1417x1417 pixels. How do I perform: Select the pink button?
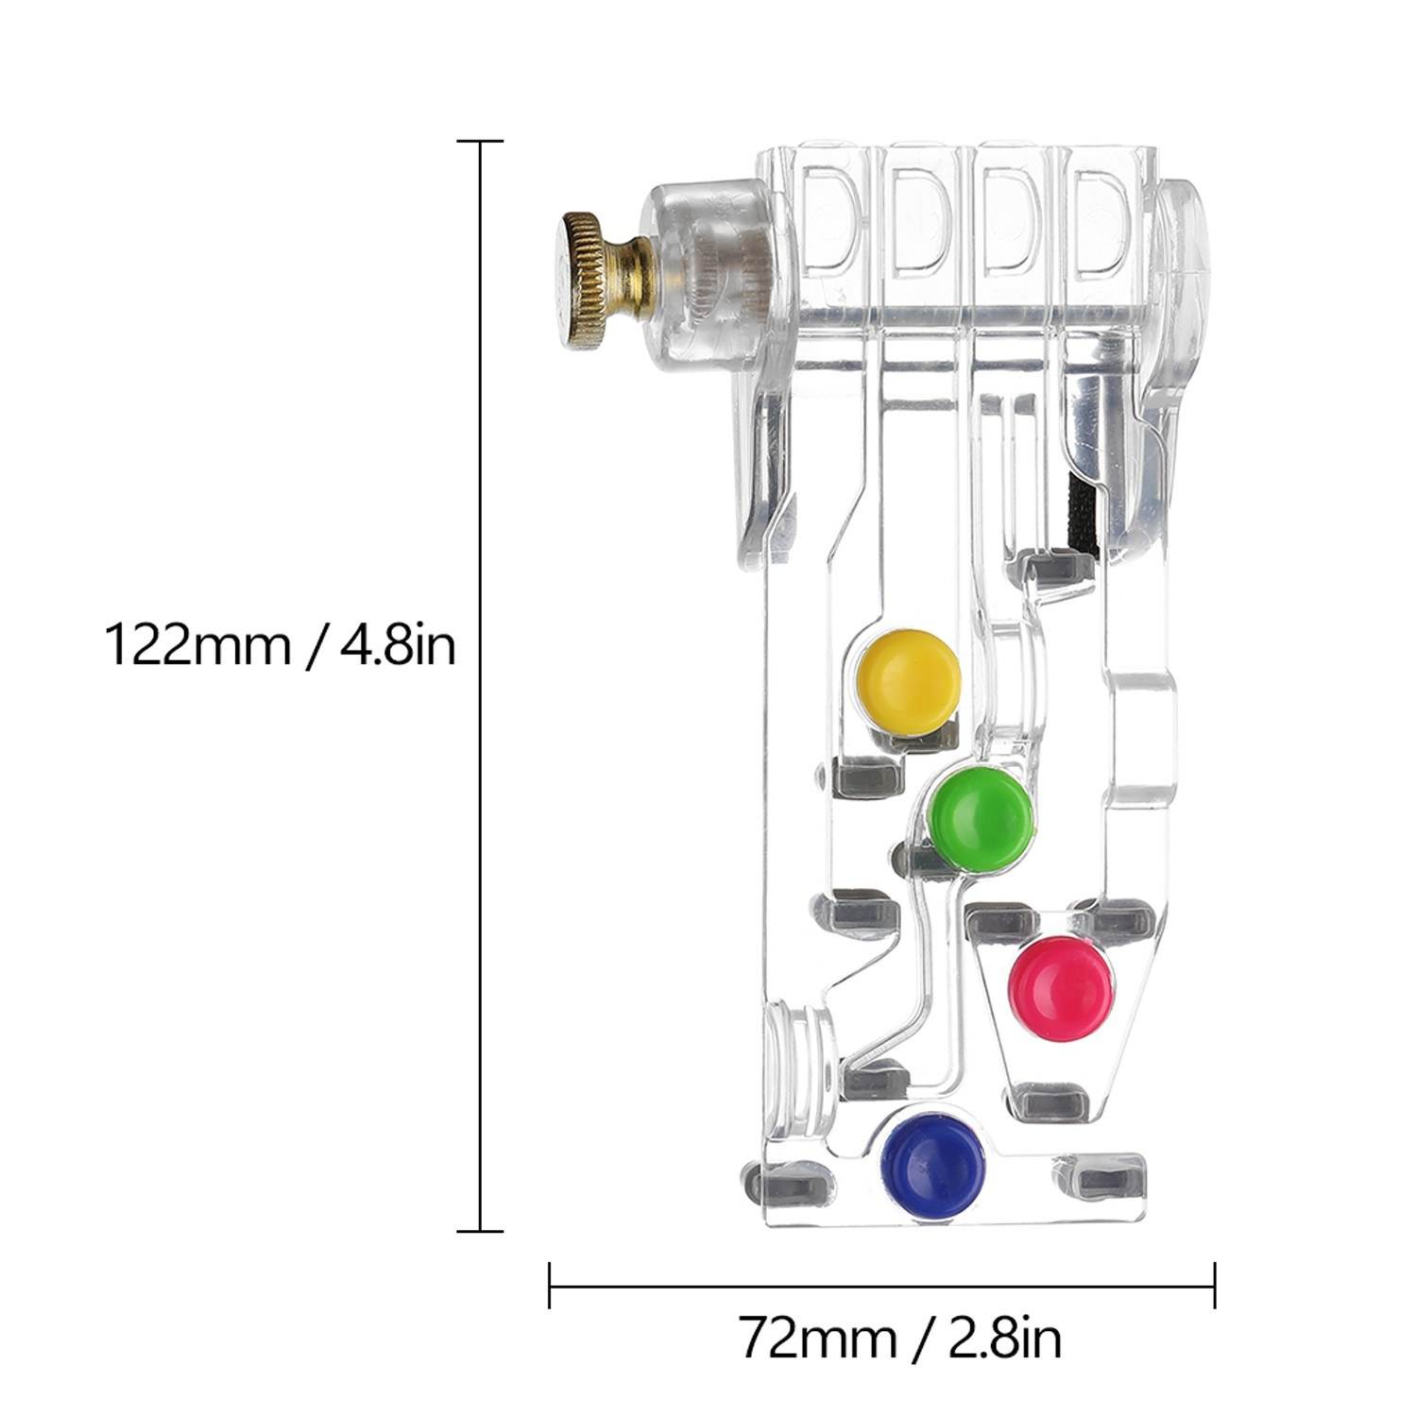tap(1062, 988)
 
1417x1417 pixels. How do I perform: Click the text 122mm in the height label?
tap(196, 646)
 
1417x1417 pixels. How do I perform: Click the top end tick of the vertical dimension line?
tap(480, 142)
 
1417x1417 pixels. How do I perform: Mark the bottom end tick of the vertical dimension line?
tap(480, 1231)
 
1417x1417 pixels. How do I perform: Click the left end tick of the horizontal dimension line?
tap(550, 1286)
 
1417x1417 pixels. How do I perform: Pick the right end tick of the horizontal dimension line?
tap(1215, 1286)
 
